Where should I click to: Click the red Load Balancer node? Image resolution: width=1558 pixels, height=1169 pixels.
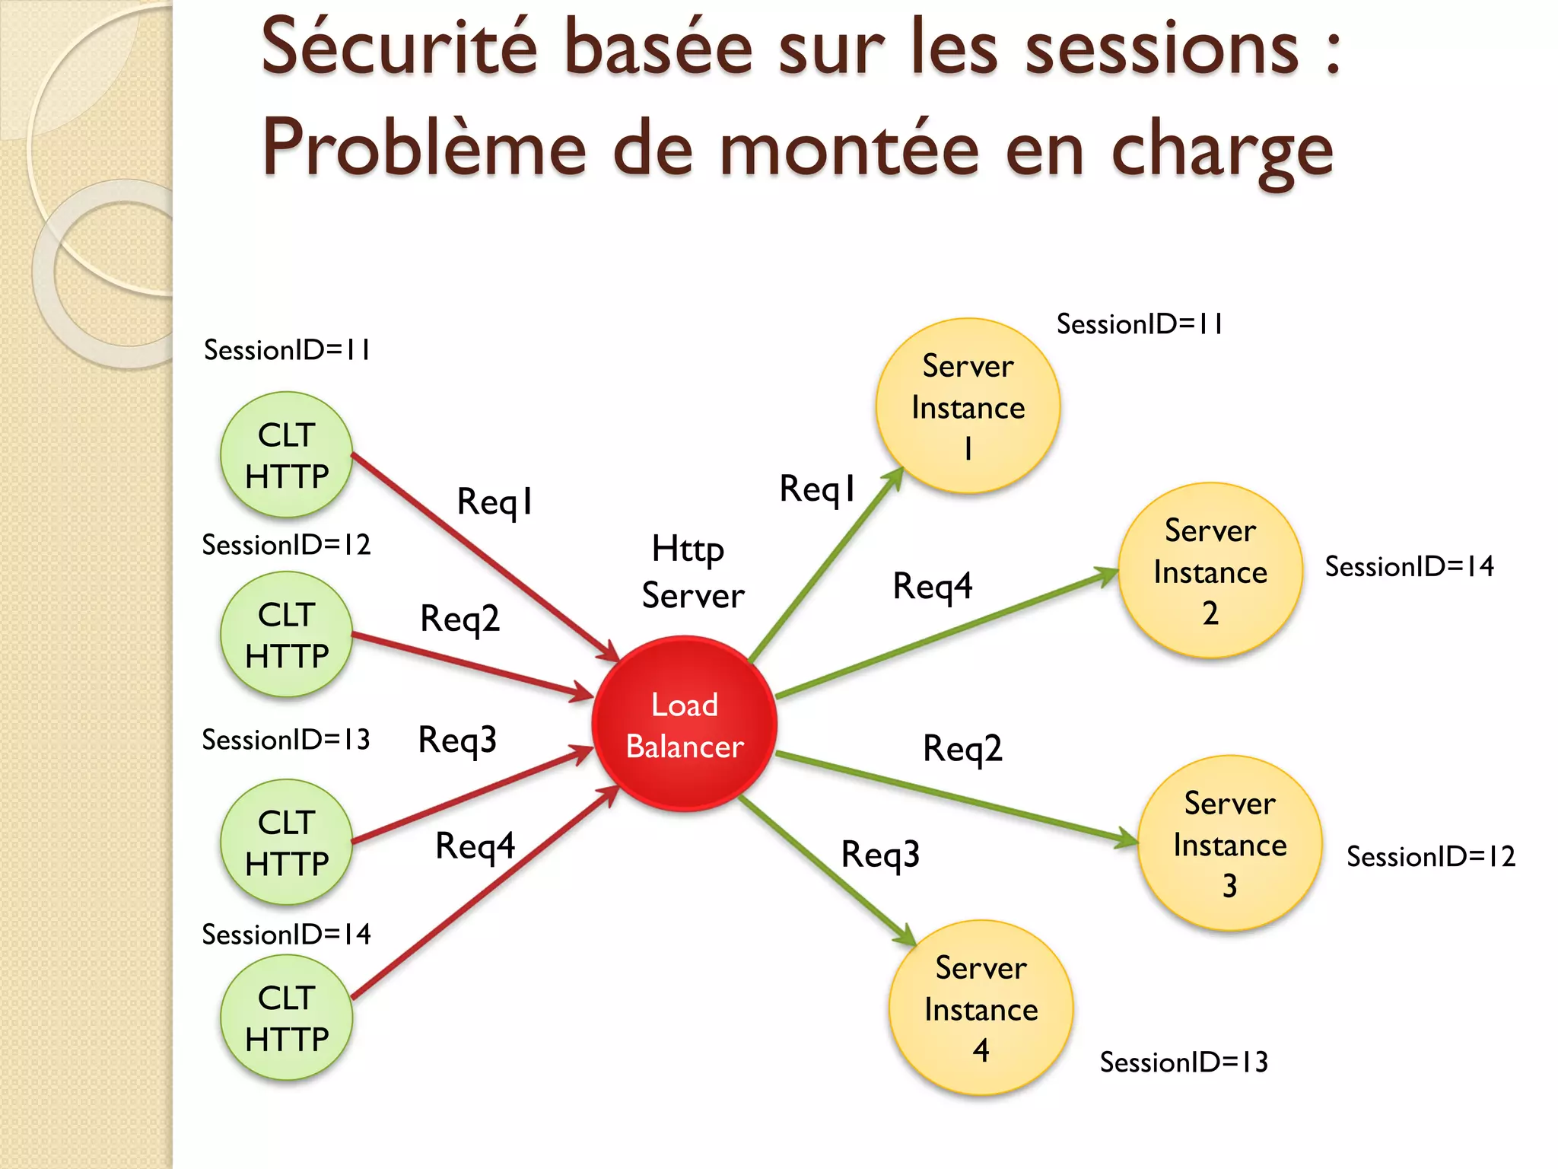coord(684,724)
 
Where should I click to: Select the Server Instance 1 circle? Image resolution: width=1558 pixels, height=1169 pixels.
coord(968,406)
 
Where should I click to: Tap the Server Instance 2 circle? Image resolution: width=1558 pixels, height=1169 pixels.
coord(1210,571)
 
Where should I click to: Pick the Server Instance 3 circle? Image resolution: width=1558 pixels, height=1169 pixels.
coord(1229,843)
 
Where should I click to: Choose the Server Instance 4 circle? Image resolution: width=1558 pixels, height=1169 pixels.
coord(981,1008)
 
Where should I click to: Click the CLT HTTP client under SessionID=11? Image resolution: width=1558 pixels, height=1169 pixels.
coord(287,455)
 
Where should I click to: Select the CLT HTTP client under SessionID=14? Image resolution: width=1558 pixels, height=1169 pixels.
coord(287,1018)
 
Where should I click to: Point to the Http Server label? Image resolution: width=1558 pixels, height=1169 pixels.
coord(692,572)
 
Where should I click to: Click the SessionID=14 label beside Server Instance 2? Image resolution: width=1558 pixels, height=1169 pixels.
coord(1409,566)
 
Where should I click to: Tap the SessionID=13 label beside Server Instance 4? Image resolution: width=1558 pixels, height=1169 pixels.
coord(1184,1062)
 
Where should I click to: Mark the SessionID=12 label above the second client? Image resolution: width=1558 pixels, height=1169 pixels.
coord(286,545)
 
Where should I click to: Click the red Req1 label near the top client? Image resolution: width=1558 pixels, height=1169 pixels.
coord(494,502)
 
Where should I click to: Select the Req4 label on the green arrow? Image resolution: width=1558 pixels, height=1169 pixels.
coord(932,586)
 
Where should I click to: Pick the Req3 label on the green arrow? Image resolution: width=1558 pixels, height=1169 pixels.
coord(880,854)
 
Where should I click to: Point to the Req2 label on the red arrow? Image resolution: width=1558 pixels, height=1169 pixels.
coord(459,618)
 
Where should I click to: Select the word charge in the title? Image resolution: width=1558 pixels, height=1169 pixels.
coord(1222,149)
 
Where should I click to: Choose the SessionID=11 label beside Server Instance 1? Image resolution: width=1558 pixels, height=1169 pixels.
coord(1140,324)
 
